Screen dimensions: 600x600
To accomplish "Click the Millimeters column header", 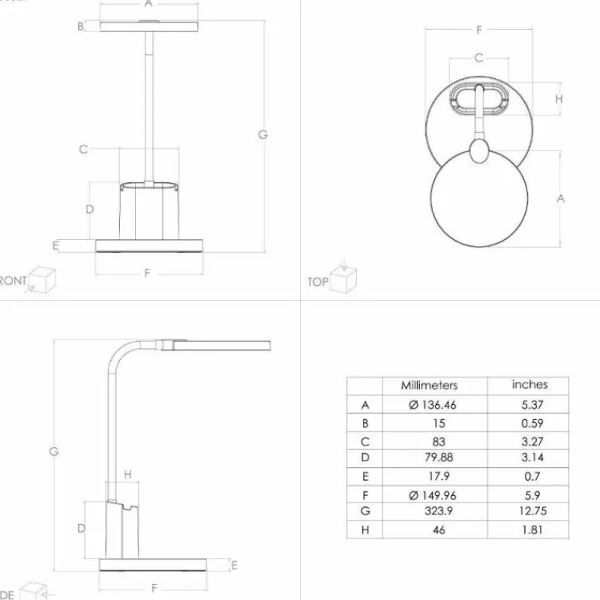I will [429, 385].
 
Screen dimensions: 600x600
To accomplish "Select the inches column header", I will [529, 385].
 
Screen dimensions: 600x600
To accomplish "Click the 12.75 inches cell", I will [529, 511].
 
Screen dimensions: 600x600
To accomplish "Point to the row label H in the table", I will [365, 529].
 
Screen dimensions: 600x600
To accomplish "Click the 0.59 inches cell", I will [529, 423].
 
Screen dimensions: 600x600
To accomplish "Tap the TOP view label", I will [317, 282].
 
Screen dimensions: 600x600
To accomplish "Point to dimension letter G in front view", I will [262, 135].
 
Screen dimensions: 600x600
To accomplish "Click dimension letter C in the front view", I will [83, 149].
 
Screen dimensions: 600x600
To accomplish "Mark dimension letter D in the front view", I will [89, 209].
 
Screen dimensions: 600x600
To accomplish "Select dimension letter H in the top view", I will [559, 99].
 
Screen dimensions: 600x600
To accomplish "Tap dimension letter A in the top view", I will [559, 198].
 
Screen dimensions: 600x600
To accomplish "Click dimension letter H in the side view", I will [127, 474].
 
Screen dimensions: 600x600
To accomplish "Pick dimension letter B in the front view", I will [79, 27].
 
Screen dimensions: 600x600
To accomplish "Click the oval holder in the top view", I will [478, 99].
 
